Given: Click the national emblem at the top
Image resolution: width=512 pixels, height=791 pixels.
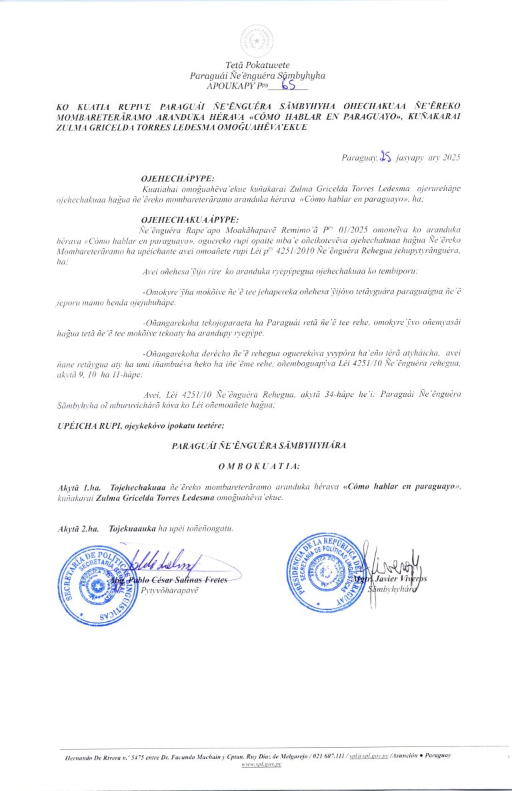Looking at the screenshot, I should tap(256, 41).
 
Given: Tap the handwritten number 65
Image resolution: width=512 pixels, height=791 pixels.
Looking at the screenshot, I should tap(289, 84).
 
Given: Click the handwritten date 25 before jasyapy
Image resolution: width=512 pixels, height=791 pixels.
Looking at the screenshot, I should tap(385, 157).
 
